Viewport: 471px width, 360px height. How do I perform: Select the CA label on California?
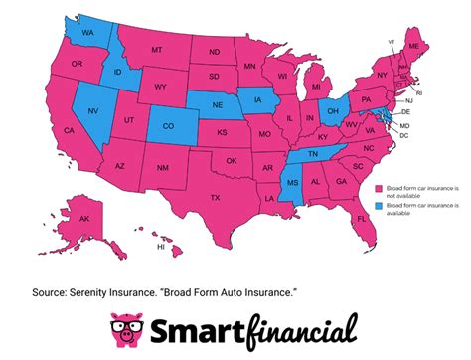tap(69, 131)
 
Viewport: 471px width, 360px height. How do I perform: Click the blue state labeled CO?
tap(166, 126)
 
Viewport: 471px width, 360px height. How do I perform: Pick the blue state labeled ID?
tap(117, 74)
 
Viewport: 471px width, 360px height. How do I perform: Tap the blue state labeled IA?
tap(259, 100)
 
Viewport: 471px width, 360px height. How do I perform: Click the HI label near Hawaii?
tap(160, 246)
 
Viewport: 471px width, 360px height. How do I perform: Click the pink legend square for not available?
tap(379, 187)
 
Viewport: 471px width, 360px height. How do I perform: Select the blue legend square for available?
tap(379, 207)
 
